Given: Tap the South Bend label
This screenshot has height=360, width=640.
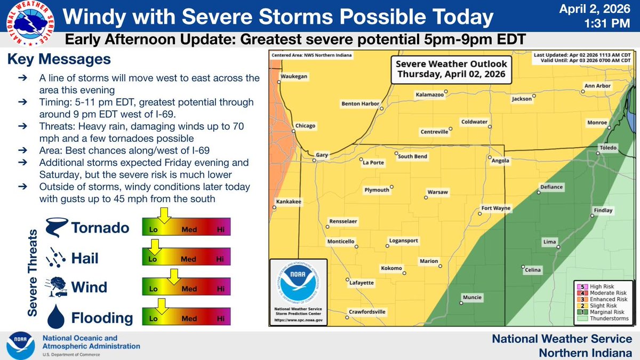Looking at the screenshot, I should pyautogui.click(x=412, y=156).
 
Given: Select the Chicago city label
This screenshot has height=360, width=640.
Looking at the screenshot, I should pyautogui.click(x=307, y=126).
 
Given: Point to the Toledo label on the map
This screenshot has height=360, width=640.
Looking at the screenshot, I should pyautogui.click(x=608, y=147).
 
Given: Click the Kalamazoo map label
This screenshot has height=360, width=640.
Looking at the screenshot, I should pyautogui.click(x=430, y=95).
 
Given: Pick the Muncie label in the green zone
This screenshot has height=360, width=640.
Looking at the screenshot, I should pyautogui.click(x=472, y=297).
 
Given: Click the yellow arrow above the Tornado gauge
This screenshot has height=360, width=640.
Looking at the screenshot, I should pyautogui.click(x=164, y=215).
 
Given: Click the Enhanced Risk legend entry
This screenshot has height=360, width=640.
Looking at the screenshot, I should pyautogui.click(x=602, y=299).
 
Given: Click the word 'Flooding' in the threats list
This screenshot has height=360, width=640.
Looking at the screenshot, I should pyautogui.click(x=102, y=318).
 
